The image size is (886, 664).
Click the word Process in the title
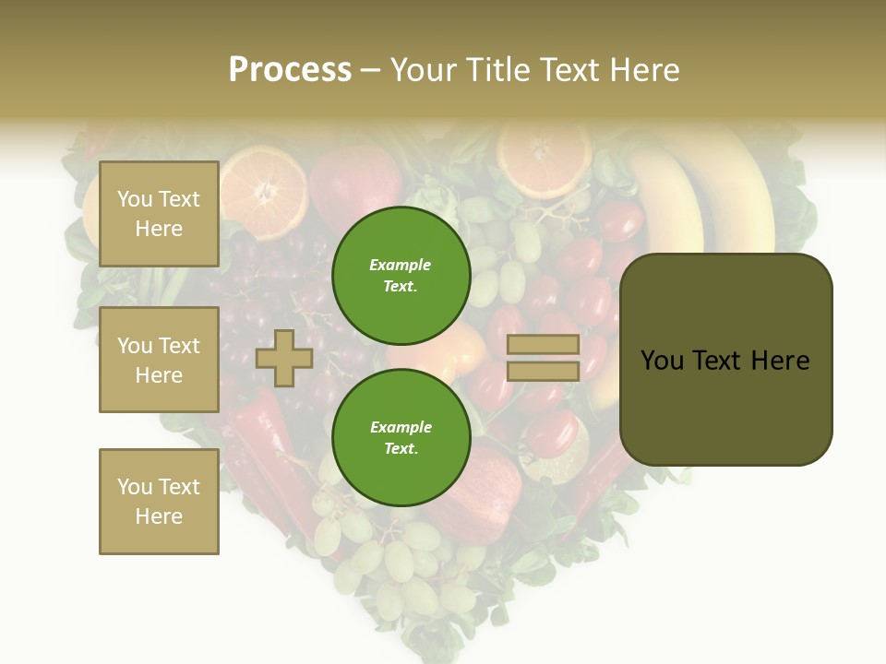290,70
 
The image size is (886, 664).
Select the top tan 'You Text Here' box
159,214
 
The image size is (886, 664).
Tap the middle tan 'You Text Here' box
159,360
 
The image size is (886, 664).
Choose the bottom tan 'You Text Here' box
159,501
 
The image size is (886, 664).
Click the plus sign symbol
284,358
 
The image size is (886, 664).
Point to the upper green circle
401,275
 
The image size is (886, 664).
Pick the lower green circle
401,437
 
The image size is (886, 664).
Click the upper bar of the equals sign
544,345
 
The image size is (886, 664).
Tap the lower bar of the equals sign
544,371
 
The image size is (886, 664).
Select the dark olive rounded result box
725,359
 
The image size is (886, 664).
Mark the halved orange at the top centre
544,153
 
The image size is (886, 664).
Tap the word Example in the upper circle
400,265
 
